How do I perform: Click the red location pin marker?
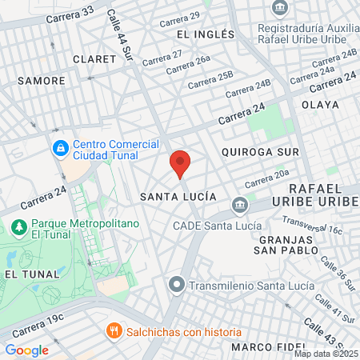click(x=180, y=163)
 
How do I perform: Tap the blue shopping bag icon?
click(x=60, y=148)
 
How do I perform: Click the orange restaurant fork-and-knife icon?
click(x=114, y=331)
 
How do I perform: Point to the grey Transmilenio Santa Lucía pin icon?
click(x=177, y=284)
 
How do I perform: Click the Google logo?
click(x=26, y=350)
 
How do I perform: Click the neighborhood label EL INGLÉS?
click(x=206, y=34)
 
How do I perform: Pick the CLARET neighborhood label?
click(x=89, y=59)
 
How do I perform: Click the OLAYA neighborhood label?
click(x=320, y=105)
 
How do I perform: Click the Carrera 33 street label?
click(x=70, y=15)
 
